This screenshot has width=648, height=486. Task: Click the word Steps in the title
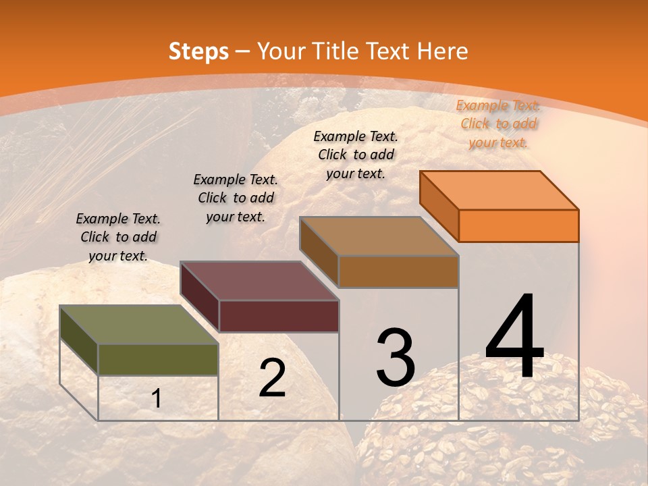click(198, 51)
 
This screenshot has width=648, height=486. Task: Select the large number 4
click(514, 337)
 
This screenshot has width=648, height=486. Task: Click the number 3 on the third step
click(396, 358)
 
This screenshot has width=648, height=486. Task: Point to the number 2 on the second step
click(272, 378)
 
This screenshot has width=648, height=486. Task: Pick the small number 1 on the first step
click(157, 399)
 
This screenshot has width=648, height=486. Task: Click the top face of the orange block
click(500, 190)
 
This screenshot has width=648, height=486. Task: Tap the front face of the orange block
click(518, 225)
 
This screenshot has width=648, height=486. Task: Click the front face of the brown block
click(398, 271)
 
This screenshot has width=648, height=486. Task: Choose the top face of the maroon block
click(259, 281)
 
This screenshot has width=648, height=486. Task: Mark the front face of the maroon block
click(279, 316)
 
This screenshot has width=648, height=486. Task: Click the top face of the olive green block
click(139, 325)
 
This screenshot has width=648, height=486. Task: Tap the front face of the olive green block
click(158, 359)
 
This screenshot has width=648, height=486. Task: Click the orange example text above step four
click(498, 124)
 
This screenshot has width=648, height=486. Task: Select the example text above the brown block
click(356, 155)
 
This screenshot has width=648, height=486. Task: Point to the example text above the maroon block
click(236, 198)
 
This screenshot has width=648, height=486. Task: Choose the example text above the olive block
click(118, 237)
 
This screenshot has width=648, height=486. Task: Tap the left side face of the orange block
click(439, 205)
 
